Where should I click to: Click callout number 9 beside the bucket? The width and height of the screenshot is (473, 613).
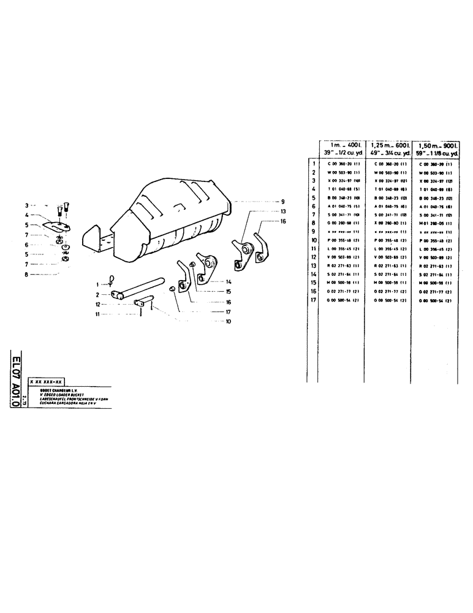pyautogui.click(x=284, y=202)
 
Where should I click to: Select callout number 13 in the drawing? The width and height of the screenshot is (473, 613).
pyautogui.click(x=284, y=211)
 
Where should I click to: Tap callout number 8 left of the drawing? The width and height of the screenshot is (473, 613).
pyautogui.click(x=26, y=274)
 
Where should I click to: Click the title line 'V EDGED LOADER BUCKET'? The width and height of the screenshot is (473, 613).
pyautogui.click(x=61, y=394)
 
